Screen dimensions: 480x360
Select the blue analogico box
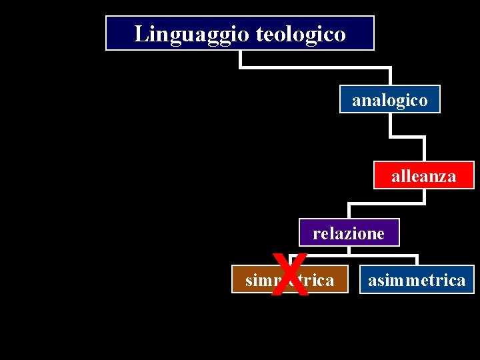click(x=390, y=99)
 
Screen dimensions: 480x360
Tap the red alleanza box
click(x=423, y=175)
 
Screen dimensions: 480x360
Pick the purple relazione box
click(x=349, y=233)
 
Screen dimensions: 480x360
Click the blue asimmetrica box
click(x=417, y=280)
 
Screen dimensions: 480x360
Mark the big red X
click(x=292, y=275)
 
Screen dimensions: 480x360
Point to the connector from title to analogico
click(x=313, y=67)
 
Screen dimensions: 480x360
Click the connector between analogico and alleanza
click(x=408, y=137)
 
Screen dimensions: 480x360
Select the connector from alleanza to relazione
click(x=387, y=202)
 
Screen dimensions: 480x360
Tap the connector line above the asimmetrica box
click(x=417, y=260)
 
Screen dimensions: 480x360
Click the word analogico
click(x=390, y=101)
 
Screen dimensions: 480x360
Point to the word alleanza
click(x=423, y=177)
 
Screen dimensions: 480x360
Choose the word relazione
click(x=349, y=234)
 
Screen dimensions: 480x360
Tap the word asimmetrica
click(x=417, y=281)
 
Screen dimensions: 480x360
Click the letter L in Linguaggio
click(x=140, y=33)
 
